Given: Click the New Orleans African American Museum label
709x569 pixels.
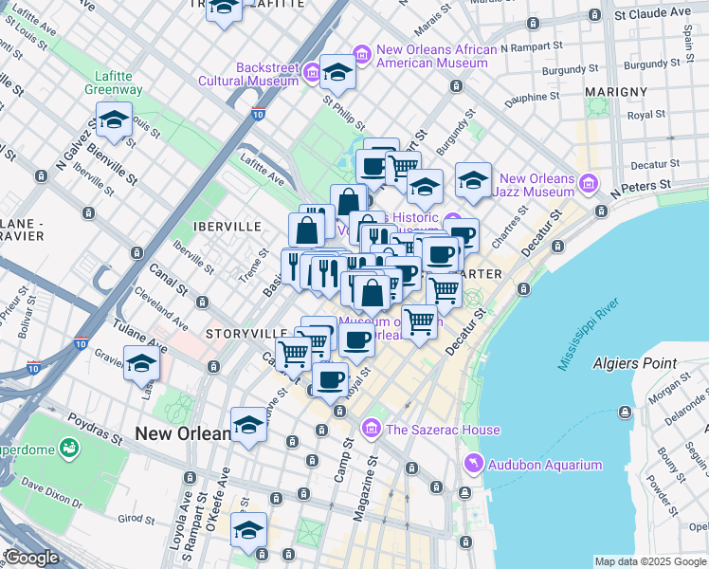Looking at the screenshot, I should [x=436, y=57].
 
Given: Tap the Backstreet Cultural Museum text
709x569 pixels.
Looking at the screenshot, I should [x=248, y=74].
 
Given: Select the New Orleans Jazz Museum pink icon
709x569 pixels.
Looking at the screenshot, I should [x=589, y=181].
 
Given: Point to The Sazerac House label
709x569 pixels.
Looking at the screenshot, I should [x=442, y=430].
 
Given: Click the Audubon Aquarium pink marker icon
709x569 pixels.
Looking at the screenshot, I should [x=473, y=463].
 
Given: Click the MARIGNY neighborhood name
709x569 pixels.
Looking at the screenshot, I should [x=616, y=92].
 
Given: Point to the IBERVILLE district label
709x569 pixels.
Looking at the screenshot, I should [x=227, y=228].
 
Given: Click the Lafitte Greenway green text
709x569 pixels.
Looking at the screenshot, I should [x=118, y=83].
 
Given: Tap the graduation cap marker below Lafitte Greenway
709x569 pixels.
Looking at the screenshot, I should [x=114, y=120].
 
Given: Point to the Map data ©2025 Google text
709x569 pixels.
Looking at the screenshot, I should [x=650, y=561].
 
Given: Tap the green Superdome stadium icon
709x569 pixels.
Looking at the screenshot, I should [x=68, y=447].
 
